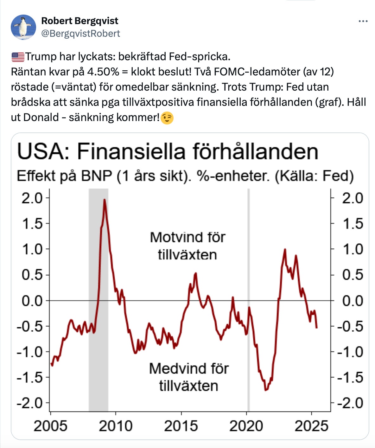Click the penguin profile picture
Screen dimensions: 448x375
pos(23,27)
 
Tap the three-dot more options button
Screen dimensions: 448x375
pos(363,21)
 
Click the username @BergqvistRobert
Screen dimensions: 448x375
pos(80,34)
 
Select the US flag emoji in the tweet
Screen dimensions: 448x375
pos(18,57)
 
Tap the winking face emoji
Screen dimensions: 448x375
pos(167,118)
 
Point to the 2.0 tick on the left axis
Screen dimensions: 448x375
pos(32,198)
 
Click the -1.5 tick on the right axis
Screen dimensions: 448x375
pos(350,377)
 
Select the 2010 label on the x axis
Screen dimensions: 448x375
pos(116,426)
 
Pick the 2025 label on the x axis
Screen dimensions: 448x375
pos(311,426)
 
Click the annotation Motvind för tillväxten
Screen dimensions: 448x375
pos(187,246)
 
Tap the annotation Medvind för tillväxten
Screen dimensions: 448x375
pos(188,377)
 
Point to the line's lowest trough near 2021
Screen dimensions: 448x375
pos(266,390)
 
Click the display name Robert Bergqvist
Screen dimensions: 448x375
pos(80,21)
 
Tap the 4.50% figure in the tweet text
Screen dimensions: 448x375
pos(103,72)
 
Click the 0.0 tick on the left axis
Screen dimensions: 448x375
pos(32,300)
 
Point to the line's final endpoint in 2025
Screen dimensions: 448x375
pos(316,328)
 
